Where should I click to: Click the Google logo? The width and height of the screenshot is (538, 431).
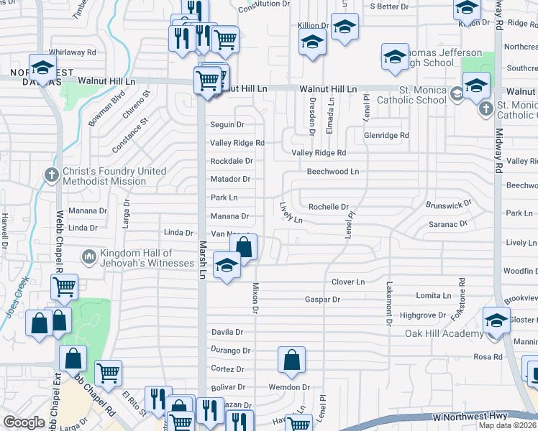[24, 422]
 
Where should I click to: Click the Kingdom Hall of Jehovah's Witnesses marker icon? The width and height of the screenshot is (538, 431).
[88, 256]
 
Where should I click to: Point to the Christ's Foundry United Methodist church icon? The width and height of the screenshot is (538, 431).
[51, 175]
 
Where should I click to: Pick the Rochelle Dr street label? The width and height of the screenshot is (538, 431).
[328, 207]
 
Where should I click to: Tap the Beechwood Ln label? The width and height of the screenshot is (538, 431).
[332, 172]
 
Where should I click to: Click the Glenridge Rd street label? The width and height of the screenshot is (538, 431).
[386, 135]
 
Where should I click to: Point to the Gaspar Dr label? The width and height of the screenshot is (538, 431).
[322, 299]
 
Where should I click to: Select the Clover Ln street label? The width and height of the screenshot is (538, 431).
[348, 282]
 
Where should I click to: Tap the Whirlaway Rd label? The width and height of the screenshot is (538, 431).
[72, 52]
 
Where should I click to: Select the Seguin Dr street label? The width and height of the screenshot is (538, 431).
[227, 124]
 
